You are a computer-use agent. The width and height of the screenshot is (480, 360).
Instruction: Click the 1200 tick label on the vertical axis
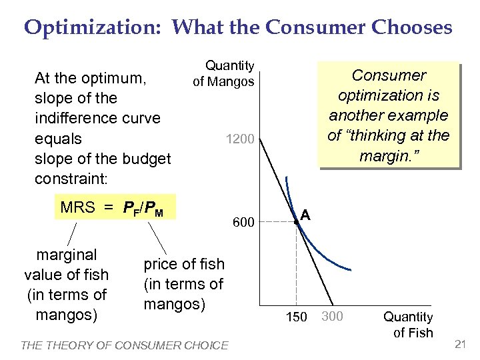click(x=240, y=140)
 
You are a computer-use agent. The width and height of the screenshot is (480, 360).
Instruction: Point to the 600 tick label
click(x=243, y=223)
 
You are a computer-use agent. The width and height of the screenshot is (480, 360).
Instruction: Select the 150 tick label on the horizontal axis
click(x=296, y=316)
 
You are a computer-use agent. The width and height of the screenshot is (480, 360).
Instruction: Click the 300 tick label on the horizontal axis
click(x=332, y=315)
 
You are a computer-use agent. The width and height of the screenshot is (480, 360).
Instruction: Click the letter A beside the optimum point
click(x=305, y=214)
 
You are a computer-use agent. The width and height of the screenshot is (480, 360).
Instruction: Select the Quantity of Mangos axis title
click(x=224, y=74)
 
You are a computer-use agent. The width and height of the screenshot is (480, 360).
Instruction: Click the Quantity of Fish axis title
click(x=407, y=325)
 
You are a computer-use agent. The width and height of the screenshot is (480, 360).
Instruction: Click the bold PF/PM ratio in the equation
click(x=145, y=208)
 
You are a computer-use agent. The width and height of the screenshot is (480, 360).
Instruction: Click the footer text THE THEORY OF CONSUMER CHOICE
click(x=125, y=345)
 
